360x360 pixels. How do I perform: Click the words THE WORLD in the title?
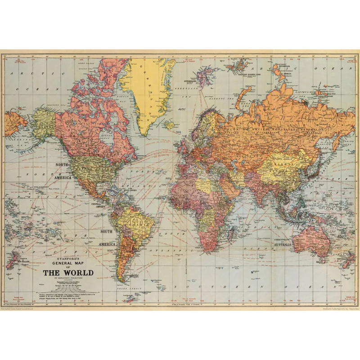68,273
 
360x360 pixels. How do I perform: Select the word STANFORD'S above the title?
68,258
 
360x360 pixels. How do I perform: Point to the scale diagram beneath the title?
68,285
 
